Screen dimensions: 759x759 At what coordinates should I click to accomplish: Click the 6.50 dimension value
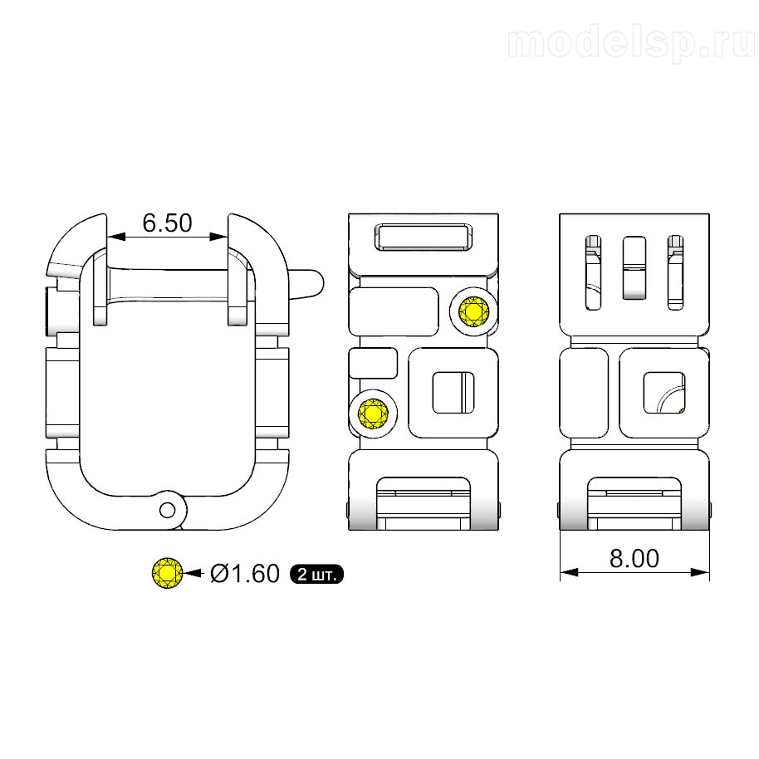[x=168, y=223]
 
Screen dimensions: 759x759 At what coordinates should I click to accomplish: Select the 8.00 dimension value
[x=634, y=558]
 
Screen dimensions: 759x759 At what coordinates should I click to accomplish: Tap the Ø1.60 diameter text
[x=245, y=574]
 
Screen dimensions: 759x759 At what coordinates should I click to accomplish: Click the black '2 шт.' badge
[x=316, y=574]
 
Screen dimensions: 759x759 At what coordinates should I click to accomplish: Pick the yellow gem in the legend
[x=168, y=573]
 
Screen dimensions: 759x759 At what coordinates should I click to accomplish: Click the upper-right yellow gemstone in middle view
[x=474, y=311]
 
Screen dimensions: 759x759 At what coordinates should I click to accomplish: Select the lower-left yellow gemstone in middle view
[x=373, y=414]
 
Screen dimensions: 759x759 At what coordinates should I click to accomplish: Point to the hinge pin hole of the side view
[x=168, y=510]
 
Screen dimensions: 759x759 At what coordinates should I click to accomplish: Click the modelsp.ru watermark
[x=631, y=42]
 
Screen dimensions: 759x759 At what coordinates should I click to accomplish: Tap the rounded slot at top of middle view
[x=424, y=237]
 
